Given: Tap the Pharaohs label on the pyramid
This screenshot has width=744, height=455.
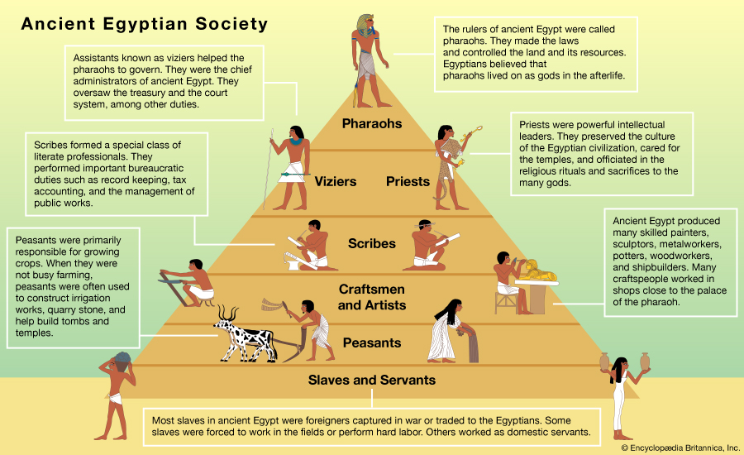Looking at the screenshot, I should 371,124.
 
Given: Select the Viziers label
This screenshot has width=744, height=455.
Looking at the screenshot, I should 335,180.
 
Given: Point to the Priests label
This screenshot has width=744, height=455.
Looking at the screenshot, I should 408,180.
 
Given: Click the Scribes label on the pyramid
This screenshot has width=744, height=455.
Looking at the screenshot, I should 371,243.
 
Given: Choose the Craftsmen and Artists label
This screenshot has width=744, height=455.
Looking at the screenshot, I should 371,297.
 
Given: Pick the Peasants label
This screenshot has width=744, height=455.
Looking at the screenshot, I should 371,342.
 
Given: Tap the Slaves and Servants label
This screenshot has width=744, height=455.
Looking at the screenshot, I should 371,381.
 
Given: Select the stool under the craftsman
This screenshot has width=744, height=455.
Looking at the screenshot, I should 506,301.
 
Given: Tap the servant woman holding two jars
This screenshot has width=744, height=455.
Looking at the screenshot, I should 618,393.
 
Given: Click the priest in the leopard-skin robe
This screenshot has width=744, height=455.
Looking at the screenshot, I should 450,162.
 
